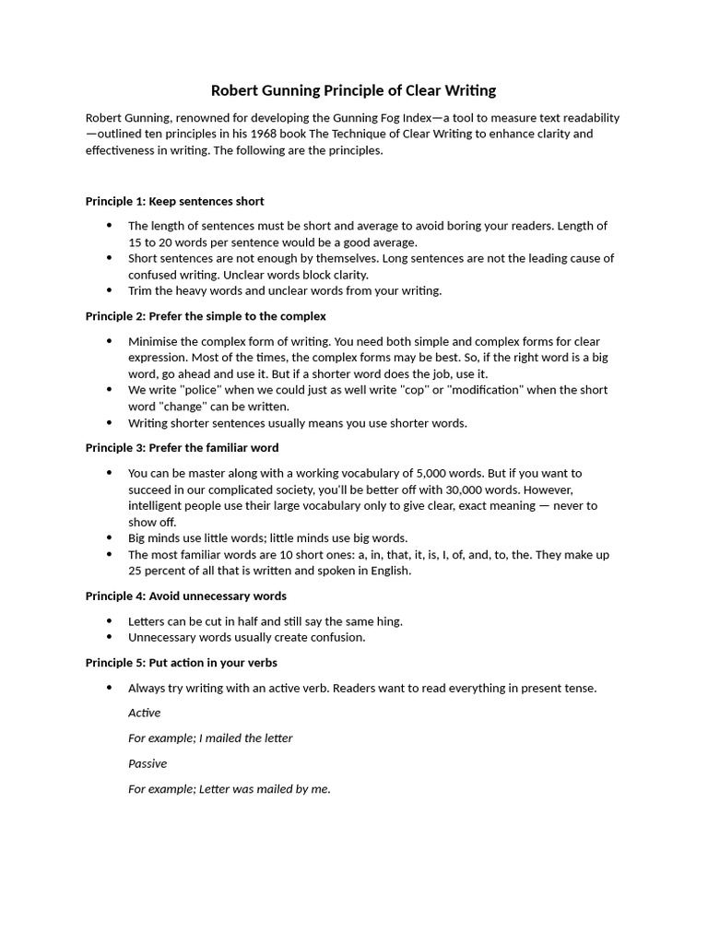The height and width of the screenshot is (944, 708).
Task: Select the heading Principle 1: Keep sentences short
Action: [174, 201]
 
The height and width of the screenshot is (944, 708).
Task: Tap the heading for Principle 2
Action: [206, 316]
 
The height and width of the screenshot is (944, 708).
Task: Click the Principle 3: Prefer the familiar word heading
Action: [182, 448]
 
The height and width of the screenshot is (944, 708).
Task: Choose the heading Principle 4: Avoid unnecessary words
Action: [185, 596]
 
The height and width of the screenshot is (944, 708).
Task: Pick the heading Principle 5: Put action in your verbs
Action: [181, 663]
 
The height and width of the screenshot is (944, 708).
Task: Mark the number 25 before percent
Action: [136, 571]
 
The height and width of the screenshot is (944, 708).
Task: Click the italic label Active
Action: [144, 713]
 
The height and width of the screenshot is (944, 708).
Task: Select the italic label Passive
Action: [147, 763]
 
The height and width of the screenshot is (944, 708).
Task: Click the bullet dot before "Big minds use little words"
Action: [109, 537]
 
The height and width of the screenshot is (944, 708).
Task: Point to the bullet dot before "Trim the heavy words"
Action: [109, 290]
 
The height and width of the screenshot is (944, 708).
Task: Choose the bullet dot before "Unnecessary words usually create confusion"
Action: [109, 637]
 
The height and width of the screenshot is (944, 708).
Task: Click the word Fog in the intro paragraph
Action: [380, 118]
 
